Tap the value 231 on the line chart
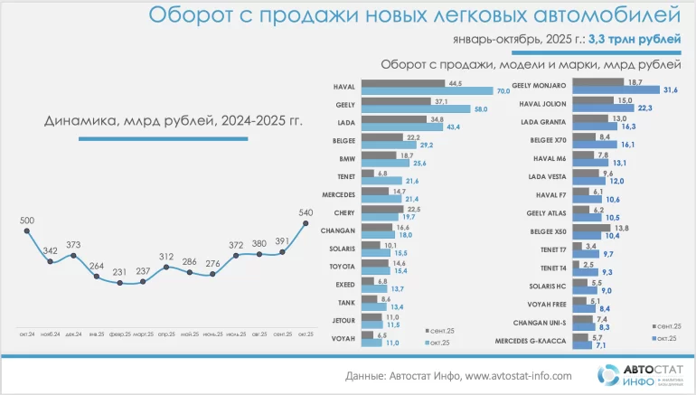coord(120,271)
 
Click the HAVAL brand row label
coord(344,88)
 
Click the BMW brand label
coord(347,158)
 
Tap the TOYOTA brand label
coord(343,268)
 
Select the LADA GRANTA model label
coord(543,122)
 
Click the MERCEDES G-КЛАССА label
coord(531,339)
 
